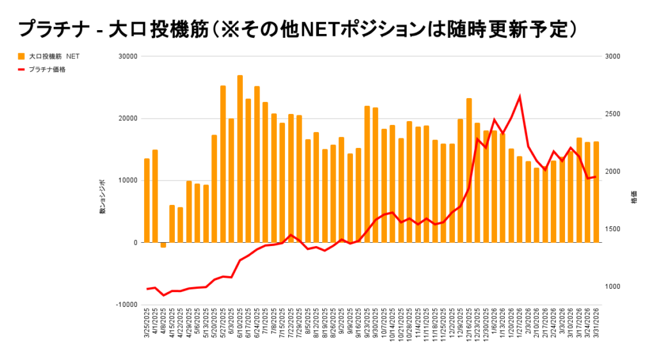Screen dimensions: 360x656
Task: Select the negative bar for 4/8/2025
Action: (163, 245)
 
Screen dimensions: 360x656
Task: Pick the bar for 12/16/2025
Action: (469, 170)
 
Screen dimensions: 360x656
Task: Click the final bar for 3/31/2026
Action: (596, 192)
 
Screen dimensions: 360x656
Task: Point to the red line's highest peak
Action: (520, 97)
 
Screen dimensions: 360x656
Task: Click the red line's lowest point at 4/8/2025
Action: (163, 295)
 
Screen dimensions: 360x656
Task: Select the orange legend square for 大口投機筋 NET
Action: (21, 56)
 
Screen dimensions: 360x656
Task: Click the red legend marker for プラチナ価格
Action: (21, 69)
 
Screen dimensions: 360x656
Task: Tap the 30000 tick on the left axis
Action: (128, 56)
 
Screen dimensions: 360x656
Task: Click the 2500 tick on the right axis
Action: (612, 114)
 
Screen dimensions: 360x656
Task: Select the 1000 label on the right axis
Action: (612, 286)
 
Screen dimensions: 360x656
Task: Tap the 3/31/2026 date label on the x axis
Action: (596, 327)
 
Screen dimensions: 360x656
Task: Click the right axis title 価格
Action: (634, 197)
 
